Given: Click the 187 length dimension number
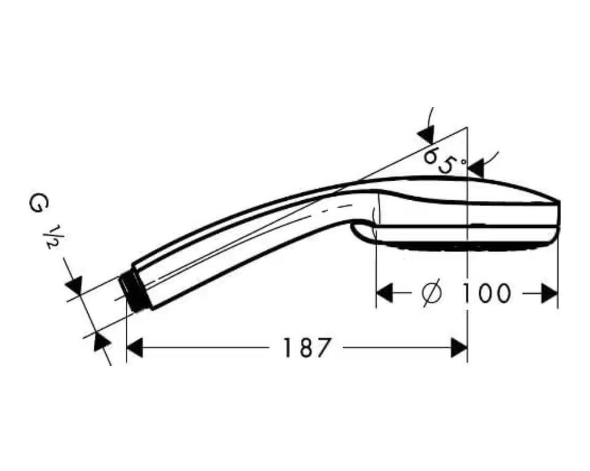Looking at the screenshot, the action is coord(305,348).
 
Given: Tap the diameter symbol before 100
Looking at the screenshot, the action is coord(431,294).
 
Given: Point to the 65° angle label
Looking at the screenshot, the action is coord(445,160).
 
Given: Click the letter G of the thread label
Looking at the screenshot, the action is coord(39,204).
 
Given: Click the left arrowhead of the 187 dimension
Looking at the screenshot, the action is coord(135,348).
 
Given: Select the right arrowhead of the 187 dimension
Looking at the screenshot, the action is coord(459,348).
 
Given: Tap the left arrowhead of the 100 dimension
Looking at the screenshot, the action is coord(385,293).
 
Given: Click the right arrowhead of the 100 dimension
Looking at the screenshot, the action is coord(549,293).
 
